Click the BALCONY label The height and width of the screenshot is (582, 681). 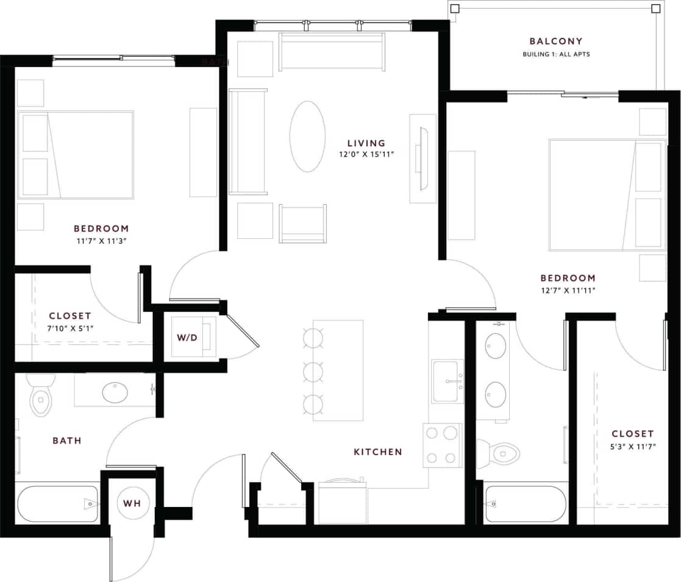[555, 41]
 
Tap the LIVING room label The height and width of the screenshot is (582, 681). [366, 143]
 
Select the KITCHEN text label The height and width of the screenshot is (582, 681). [378, 452]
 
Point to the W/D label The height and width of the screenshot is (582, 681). [187, 336]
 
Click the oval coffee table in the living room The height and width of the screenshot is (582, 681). [307, 136]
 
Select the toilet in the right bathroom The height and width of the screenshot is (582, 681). [501, 452]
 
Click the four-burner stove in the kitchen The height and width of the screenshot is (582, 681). [441, 445]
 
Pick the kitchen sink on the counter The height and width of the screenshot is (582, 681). [447, 381]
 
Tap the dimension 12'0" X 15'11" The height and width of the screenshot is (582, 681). [367, 155]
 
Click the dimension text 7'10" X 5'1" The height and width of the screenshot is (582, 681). [70, 328]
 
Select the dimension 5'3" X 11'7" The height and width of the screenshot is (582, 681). [632, 446]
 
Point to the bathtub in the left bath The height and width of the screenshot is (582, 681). [58, 503]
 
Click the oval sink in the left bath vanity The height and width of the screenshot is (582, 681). [115, 392]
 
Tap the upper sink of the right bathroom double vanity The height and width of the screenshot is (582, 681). [495, 346]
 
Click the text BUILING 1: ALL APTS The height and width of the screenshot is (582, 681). [556, 54]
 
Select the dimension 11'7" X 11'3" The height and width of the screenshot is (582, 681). [101, 240]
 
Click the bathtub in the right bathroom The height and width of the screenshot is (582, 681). [526, 504]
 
